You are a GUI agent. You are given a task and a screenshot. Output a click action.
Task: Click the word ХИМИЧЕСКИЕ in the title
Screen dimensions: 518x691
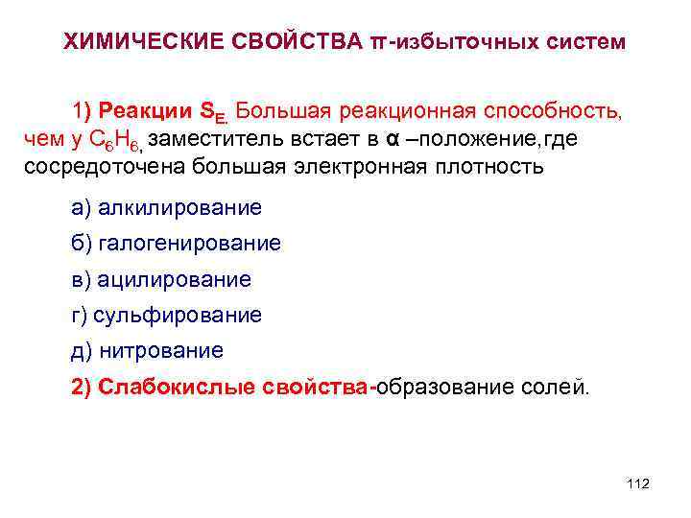click(x=138, y=42)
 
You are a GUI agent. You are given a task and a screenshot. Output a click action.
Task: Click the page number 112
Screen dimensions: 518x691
click(x=637, y=483)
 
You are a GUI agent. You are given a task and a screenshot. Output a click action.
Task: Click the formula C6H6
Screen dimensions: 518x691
click(x=122, y=140)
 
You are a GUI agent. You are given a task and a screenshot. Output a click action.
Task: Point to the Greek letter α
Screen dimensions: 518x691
click(x=392, y=138)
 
